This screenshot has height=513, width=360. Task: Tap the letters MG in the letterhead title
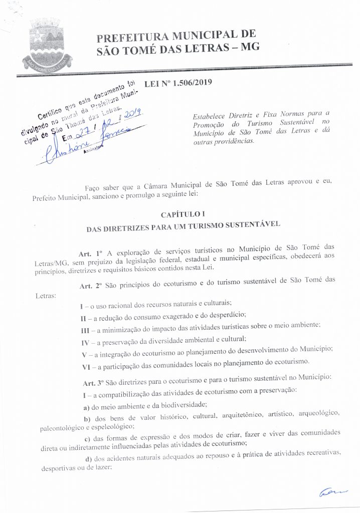point(250,49)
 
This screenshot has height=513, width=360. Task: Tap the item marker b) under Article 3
point(86,417)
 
